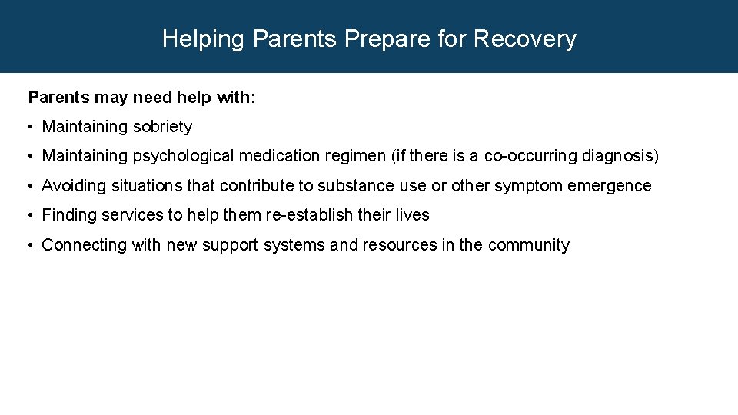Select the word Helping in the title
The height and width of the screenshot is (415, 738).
click(x=205, y=38)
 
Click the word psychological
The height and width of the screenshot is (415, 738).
click(x=183, y=157)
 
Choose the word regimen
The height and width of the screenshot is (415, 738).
click(x=354, y=157)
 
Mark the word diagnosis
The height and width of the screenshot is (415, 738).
click(x=617, y=157)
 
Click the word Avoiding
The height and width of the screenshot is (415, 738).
click(x=74, y=186)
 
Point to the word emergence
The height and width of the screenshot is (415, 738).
click(x=610, y=186)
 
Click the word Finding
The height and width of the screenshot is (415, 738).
click(x=70, y=215)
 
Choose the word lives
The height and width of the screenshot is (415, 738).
click(x=411, y=215)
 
